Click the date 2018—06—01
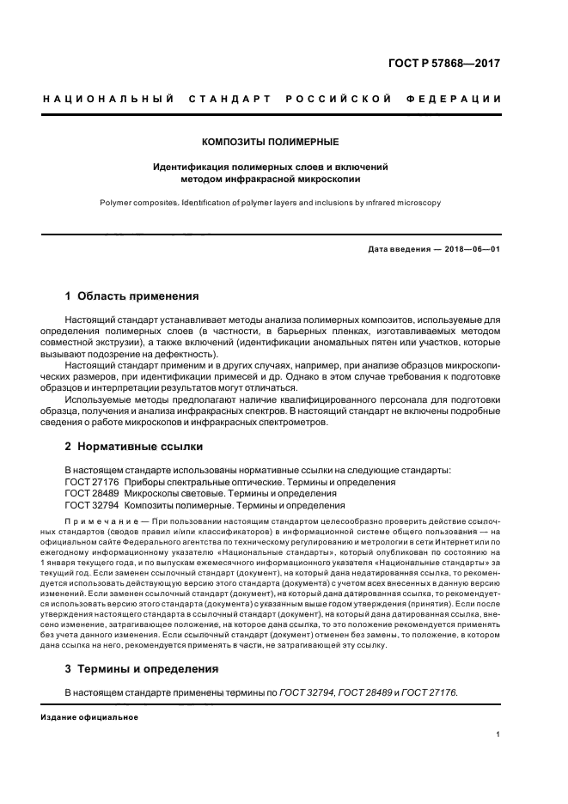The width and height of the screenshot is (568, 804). pyautogui.click(x=471, y=250)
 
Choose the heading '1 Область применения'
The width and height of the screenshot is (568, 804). pyautogui.click(x=131, y=296)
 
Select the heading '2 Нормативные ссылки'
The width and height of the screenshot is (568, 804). pyautogui.click(x=134, y=447)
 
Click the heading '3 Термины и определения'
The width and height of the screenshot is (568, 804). pyautogui.click(x=142, y=668)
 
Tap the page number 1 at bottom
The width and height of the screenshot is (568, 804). pyautogui.click(x=498, y=734)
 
